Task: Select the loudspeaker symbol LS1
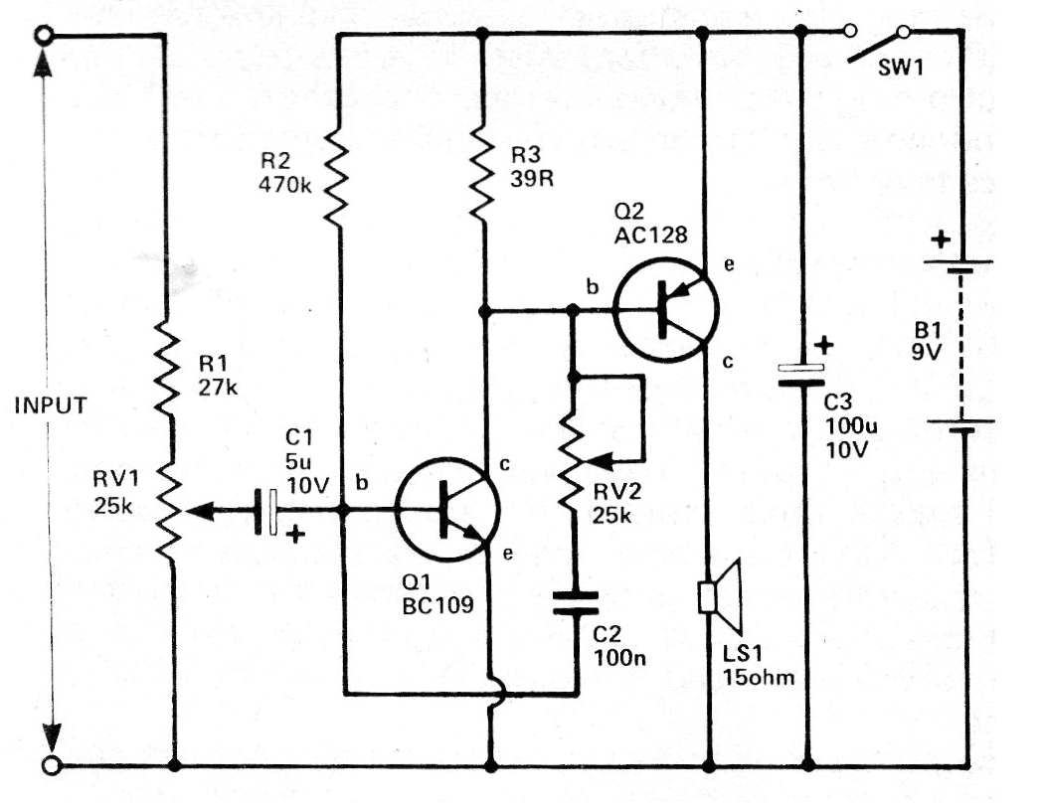[x=720, y=595]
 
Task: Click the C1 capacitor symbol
[x=266, y=511]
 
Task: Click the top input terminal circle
[x=42, y=37]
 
